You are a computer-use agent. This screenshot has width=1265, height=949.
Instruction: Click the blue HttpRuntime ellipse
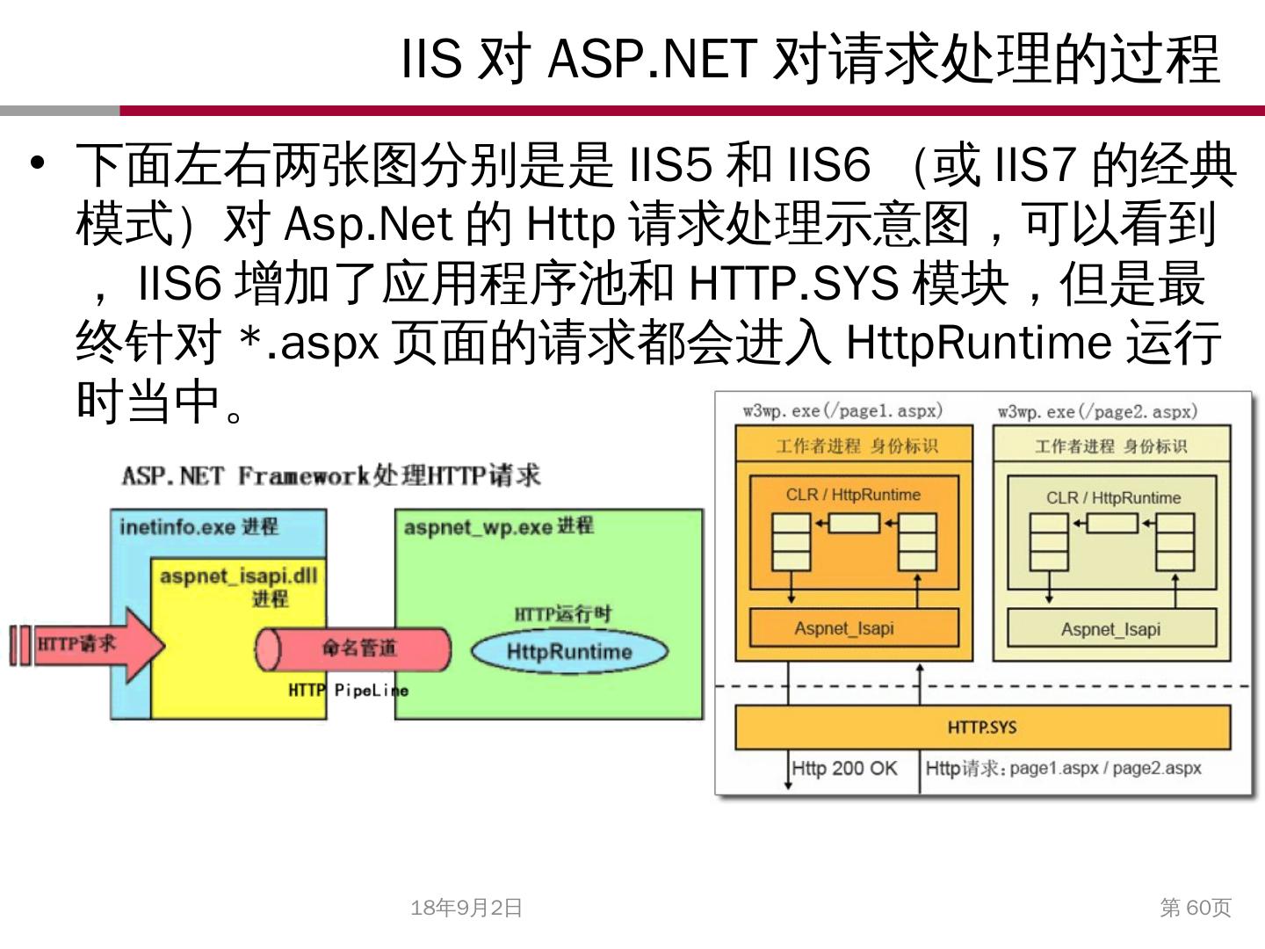click(x=569, y=651)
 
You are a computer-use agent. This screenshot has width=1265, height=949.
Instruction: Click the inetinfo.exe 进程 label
click(x=199, y=526)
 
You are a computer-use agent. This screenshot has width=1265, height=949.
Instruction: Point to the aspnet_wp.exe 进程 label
click(x=498, y=526)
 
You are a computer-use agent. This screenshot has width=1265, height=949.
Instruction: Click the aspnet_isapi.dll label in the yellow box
click(x=238, y=577)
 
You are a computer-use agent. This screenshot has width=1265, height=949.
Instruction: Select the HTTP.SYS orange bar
click(x=982, y=728)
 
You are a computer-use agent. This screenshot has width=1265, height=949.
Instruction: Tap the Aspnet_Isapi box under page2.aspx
click(x=1110, y=629)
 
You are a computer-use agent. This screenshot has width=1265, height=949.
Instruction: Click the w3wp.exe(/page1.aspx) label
click(x=842, y=410)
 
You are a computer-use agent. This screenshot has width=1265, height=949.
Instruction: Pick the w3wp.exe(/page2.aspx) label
click(x=1097, y=411)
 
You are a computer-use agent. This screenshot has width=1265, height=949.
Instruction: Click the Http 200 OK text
click(x=844, y=769)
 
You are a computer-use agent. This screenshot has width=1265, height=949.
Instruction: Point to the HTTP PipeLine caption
click(x=348, y=691)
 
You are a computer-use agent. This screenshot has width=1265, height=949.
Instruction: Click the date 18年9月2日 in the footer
click(x=466, y=908)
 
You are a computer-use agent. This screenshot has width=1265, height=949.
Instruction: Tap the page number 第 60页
click(x=1196, y=908)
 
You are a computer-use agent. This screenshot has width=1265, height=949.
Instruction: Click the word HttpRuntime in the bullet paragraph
click(x=978, y=342)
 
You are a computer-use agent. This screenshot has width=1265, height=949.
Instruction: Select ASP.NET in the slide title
click(x=652, y=59)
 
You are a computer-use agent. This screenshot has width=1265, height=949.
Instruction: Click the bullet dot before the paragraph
click(x=37, y=163)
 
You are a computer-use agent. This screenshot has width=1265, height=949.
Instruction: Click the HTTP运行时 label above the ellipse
click(x=563, y=614)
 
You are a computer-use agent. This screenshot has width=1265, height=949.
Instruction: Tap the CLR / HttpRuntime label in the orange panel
click(x=853, y=495)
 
